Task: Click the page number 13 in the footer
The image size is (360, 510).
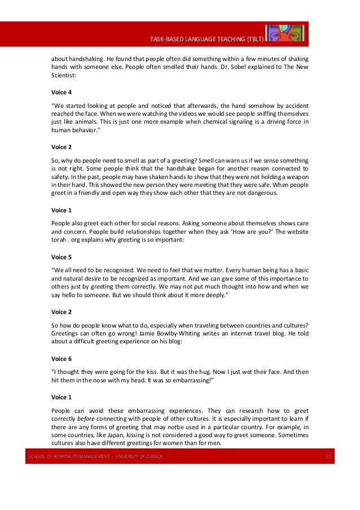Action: [328, 456]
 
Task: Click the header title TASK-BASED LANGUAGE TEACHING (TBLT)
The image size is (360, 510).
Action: [205, 38]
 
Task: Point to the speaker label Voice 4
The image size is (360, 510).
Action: [62, 91]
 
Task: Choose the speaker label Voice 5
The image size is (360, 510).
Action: [62, 256]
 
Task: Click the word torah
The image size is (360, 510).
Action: [60, 240]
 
